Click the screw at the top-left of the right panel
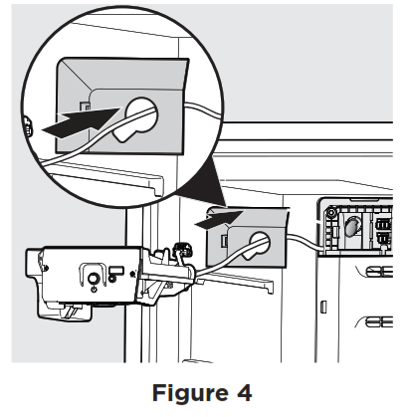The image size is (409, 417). (332, 211)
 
